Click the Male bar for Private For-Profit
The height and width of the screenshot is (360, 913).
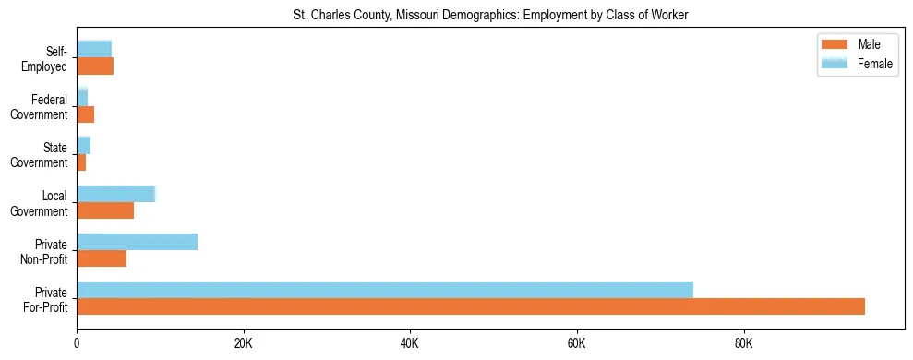pyautogui.click(x=471, y=306)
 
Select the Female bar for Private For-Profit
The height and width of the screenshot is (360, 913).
pyautogui.click(x=385, y=290)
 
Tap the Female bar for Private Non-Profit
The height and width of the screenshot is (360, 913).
pyautogui.click(x=137, y=242)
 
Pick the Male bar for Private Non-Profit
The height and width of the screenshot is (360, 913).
pyautogui.click(x=102, y=258)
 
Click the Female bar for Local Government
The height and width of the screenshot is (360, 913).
pyautogui.click(x=115, y=194)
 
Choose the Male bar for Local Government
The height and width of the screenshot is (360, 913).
pyautogui.click(x=105, y=210)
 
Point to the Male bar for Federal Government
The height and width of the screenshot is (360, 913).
pyautogui.click(x=85, y=114)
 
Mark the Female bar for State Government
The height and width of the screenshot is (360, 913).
pyautogui.click(x=83, y=146)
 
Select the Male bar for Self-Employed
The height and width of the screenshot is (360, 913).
pyautogui.click(x=95, y=66)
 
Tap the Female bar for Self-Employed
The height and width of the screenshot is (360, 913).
pyautogui.click(x=94, y=49)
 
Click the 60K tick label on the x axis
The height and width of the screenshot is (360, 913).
pyautogui.click(x=577, y=343)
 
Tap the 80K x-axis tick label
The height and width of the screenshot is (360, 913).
pyautogui.click(x=743, y=343)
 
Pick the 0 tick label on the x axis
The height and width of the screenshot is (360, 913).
pyautogui.click(x=77, y=343)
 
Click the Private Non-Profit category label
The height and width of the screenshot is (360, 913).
pyautogui.click(x=46, y=251)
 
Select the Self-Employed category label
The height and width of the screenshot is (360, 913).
pyautogui.click(x=45, y=59)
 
